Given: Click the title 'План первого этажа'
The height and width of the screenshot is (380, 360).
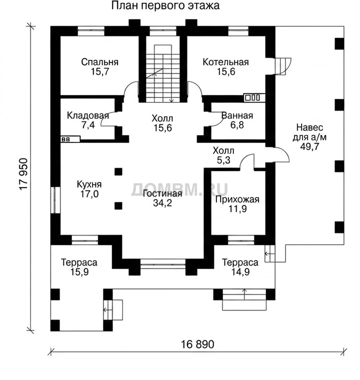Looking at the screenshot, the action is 165,5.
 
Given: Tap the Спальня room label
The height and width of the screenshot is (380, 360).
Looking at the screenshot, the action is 99,62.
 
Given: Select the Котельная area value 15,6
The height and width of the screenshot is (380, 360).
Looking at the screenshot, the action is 225,71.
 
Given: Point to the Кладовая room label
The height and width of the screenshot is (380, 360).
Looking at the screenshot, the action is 88,115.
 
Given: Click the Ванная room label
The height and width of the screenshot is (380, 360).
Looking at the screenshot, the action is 237,115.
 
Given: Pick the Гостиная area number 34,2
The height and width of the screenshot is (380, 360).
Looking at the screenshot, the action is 162,203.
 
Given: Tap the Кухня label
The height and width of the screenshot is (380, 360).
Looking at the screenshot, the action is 89,184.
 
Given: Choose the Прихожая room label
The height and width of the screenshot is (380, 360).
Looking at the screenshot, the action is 237,199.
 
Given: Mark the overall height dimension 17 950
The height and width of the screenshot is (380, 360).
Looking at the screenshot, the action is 24,174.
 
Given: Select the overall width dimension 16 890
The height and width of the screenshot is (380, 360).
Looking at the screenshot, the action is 197,344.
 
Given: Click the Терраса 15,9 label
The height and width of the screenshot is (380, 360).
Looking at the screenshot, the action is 79,267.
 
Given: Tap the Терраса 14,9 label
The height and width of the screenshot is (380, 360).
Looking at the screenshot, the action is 240,267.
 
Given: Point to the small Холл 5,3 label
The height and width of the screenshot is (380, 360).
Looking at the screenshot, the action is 223,155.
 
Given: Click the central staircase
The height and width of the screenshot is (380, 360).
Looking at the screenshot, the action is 162,73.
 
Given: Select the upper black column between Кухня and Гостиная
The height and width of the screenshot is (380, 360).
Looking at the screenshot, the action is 118,172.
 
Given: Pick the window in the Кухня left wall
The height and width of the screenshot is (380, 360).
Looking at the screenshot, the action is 55,200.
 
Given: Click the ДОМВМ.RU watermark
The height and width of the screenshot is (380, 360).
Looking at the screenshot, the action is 179,190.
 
